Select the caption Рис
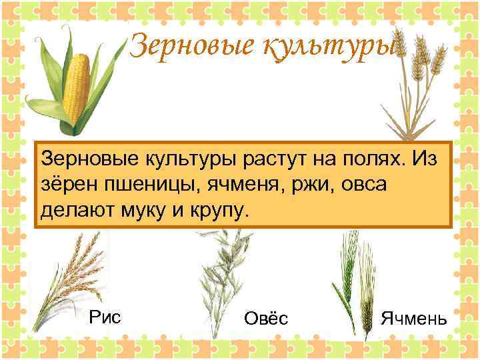click(x=105, y=317)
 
